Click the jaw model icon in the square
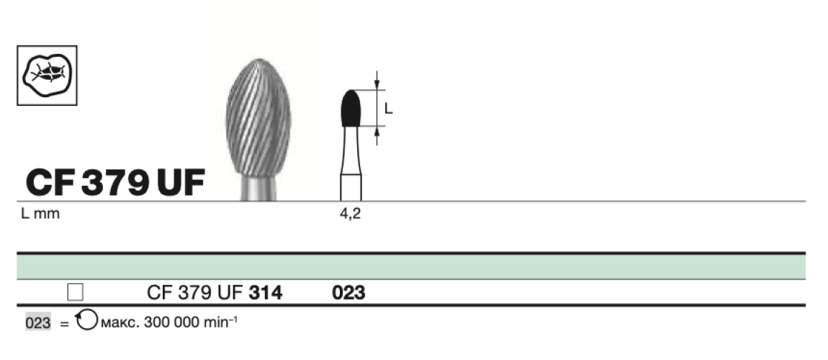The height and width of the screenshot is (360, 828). pos(47,75)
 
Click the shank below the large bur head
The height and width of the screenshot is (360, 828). pos(258,190)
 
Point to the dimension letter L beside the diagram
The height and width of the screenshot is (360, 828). pos(388,109)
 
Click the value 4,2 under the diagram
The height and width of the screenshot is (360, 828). pos(350,215)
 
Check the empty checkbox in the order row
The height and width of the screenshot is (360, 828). pos(75,292)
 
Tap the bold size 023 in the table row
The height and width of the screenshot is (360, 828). pos(348,293)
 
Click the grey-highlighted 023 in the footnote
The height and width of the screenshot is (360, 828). pos(38,323)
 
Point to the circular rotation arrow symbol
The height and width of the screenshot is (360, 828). pos(85,321)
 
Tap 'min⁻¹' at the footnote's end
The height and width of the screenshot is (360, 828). pos(219,323)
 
